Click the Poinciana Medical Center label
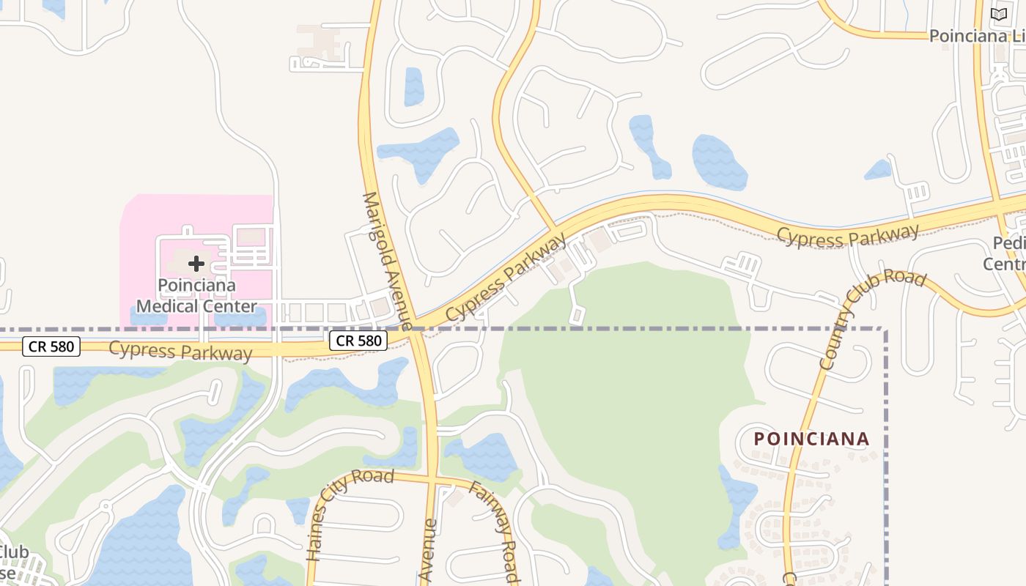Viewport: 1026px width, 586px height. click(196, 295)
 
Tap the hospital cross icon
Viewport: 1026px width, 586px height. click(196, 263)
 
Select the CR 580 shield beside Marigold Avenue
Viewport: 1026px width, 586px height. click(358, 340)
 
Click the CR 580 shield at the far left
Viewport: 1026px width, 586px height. click(51, 346)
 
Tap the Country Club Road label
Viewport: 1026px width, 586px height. click(872, 320)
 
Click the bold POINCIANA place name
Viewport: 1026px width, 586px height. click(811, 439)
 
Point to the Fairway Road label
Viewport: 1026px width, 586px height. click(494, 530)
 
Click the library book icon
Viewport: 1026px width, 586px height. click(999, 14)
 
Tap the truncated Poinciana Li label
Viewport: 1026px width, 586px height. click(977, 36)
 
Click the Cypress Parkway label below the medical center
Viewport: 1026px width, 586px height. click(180, 351)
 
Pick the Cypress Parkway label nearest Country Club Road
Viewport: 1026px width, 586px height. click(847, 236)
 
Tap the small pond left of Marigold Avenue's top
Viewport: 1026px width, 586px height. click(414, 86)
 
